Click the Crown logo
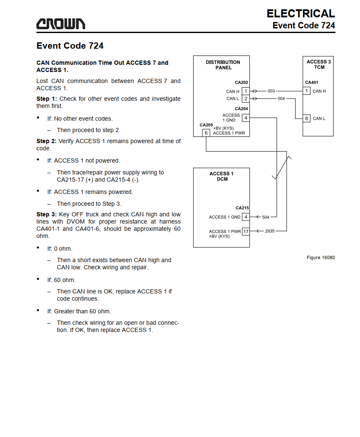point(61,24)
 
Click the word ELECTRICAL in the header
point(301,14)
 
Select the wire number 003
point(271,91)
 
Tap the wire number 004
point(281,99)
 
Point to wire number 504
point(266,217)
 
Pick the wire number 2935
point(270,231)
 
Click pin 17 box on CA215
point(246,232)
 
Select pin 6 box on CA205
point(206,133)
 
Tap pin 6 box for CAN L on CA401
point(307,119)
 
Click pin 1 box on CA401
point(307,91)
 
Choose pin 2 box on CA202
point(246,99)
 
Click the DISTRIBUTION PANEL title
point(223,65)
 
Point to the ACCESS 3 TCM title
point(319,64)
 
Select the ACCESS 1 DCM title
point(222,177)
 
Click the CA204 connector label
point(241,109)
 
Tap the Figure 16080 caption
point(321,257)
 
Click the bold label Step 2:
point(47,141)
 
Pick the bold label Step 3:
point(47,215)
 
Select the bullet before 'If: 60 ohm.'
point(38,279)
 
